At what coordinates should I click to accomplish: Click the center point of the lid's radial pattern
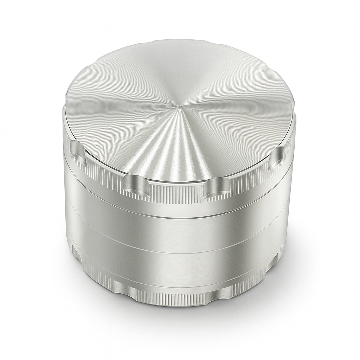(179, 105)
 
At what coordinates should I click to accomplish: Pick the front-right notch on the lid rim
(217, 187)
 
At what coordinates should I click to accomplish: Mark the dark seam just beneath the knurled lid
(176, 215)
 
